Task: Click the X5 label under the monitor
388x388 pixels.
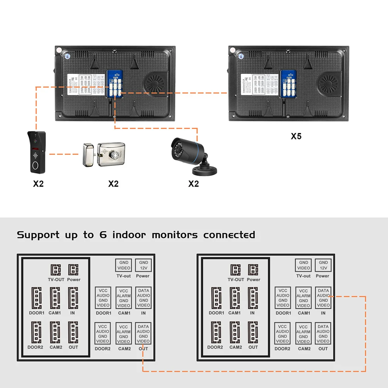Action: tap(296, 136)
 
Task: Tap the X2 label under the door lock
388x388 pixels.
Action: tap(113, 184)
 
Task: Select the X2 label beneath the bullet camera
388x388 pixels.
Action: tap(193, 184)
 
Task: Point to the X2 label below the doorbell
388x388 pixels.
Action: tap(38, 184)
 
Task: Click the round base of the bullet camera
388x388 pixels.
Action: tap(203, 170)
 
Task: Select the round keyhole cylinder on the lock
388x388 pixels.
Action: tap(115, 155)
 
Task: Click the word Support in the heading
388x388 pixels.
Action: tap(38, 235)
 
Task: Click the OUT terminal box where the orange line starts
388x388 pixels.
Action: tap(143, 334)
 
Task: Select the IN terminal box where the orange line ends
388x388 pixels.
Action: tap(323, 298)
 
